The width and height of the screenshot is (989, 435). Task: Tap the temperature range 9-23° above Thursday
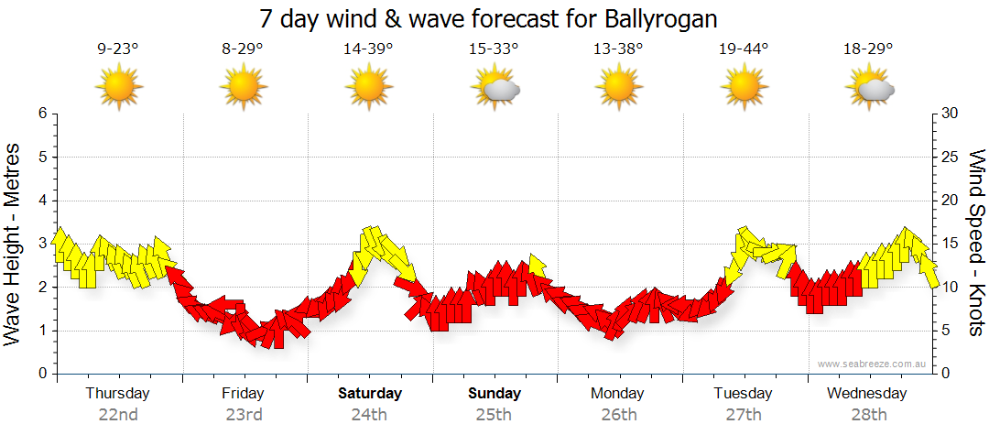coord(118,49)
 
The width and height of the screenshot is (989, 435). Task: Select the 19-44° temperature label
coord(744,49)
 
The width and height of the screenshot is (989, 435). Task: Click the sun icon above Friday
coord(243,88)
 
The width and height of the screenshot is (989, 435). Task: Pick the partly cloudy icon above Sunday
coord(494,88)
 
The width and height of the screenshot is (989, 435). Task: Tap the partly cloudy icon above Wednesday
coord(869,88)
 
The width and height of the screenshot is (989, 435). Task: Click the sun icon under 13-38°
coord(618,88)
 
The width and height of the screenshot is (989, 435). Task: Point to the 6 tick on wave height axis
coord(41,114)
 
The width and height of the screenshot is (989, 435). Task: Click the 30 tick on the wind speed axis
coord(951,114)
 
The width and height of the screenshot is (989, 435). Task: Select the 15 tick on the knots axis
coord(951,244)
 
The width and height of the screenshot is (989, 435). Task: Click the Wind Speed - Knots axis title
coord(976,244)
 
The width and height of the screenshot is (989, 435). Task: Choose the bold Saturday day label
coord(369,394)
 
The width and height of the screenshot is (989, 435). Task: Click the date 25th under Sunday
coord(494,414)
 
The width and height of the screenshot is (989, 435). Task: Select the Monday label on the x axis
coord(618,394)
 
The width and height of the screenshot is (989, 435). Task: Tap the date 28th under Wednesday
coord(869,414)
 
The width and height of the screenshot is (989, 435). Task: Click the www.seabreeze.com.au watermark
coord(874,364)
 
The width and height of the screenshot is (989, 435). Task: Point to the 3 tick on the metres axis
coord(41,244)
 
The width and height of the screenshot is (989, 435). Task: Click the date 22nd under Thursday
coord(118,414)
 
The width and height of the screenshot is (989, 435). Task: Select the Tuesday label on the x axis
coord(743,394)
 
